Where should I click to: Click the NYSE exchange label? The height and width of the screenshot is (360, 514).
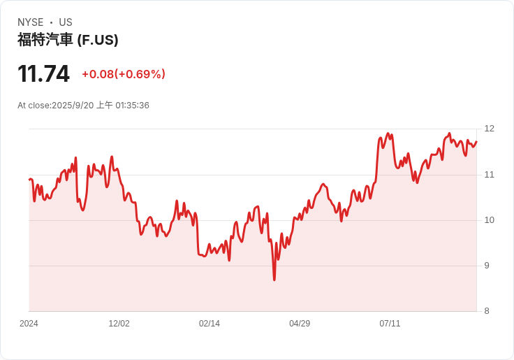tap(31, 22)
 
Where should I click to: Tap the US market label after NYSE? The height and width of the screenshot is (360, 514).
tap(66, 22)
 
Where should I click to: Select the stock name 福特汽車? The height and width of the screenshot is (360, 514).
tap(45, 40)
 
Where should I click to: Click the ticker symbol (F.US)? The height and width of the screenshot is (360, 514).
tap(98, 40)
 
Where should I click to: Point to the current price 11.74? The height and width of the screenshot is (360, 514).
tap(43, 73)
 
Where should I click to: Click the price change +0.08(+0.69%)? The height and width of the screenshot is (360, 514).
tap(124, 74)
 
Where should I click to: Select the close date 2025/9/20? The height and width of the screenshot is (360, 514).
tap(73, 106)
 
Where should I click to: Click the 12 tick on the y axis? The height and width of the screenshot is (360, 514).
tap(489, 129)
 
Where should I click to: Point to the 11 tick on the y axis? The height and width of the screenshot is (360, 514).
tap(489, 174)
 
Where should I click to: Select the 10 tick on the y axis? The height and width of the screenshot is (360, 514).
tap(489, 220)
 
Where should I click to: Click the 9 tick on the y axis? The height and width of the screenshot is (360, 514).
tap(487, 266)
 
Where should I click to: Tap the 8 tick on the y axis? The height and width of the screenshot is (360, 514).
tap(487, 311)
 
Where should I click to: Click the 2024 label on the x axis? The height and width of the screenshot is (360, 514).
tap(29, 324)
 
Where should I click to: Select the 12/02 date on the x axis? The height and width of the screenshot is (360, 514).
tap(119, 324)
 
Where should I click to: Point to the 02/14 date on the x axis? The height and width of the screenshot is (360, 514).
tap(209, 324)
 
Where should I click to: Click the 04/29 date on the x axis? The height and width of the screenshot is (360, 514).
tap(300, 324)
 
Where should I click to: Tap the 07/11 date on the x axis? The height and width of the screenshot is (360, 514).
tap(390, 324)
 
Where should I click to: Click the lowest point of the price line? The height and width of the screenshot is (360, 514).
tap(274, 280)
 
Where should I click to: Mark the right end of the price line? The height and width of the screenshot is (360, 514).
tap(476, 142)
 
